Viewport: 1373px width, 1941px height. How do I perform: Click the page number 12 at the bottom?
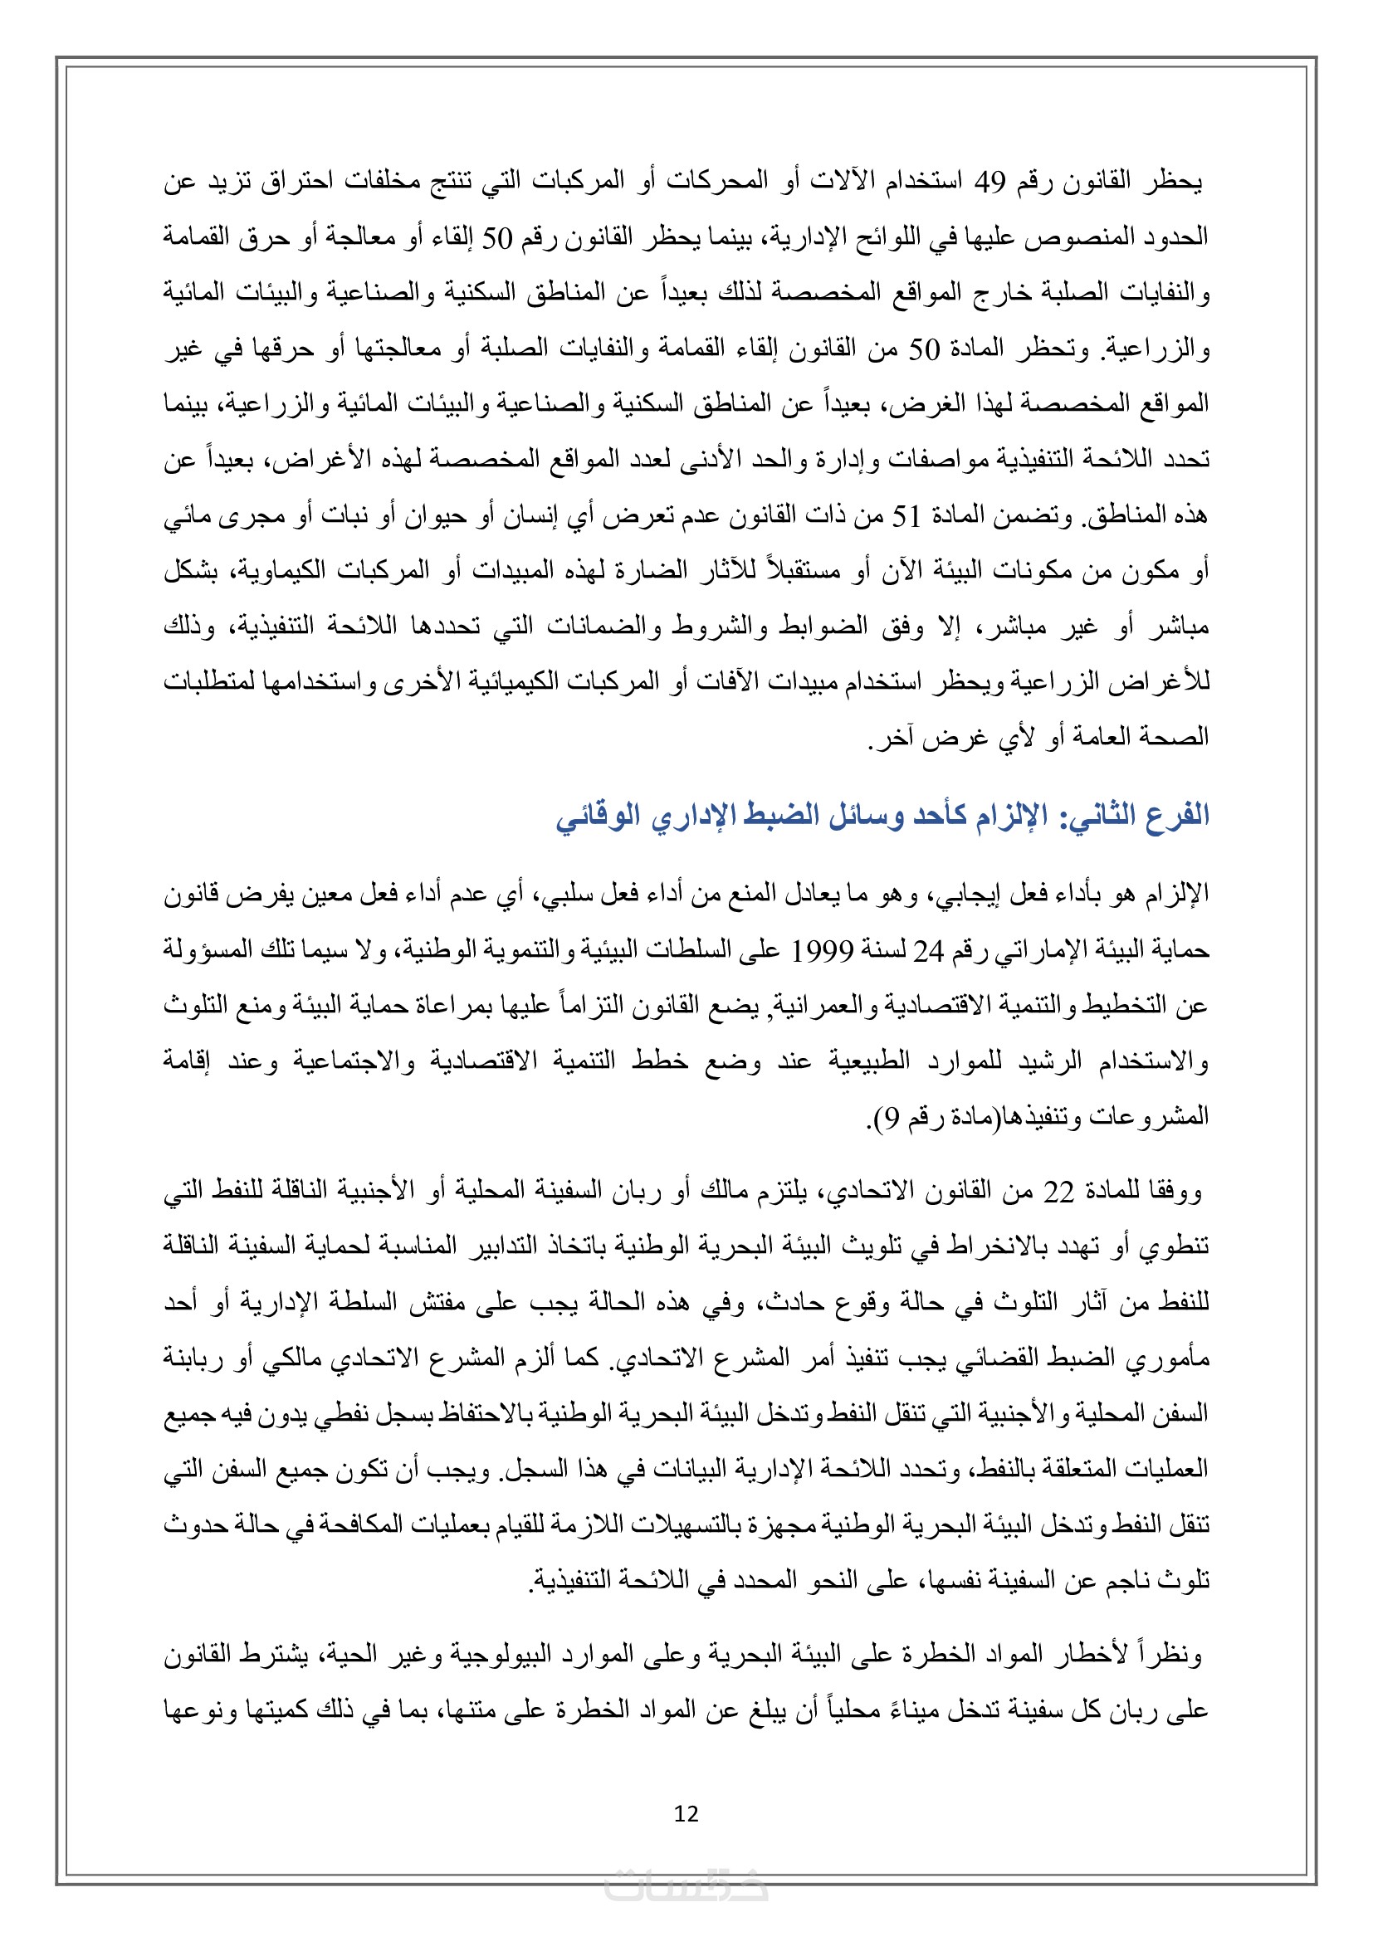click(x=686, y=1812)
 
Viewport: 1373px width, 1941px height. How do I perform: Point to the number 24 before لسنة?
click(x=927, y=951)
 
